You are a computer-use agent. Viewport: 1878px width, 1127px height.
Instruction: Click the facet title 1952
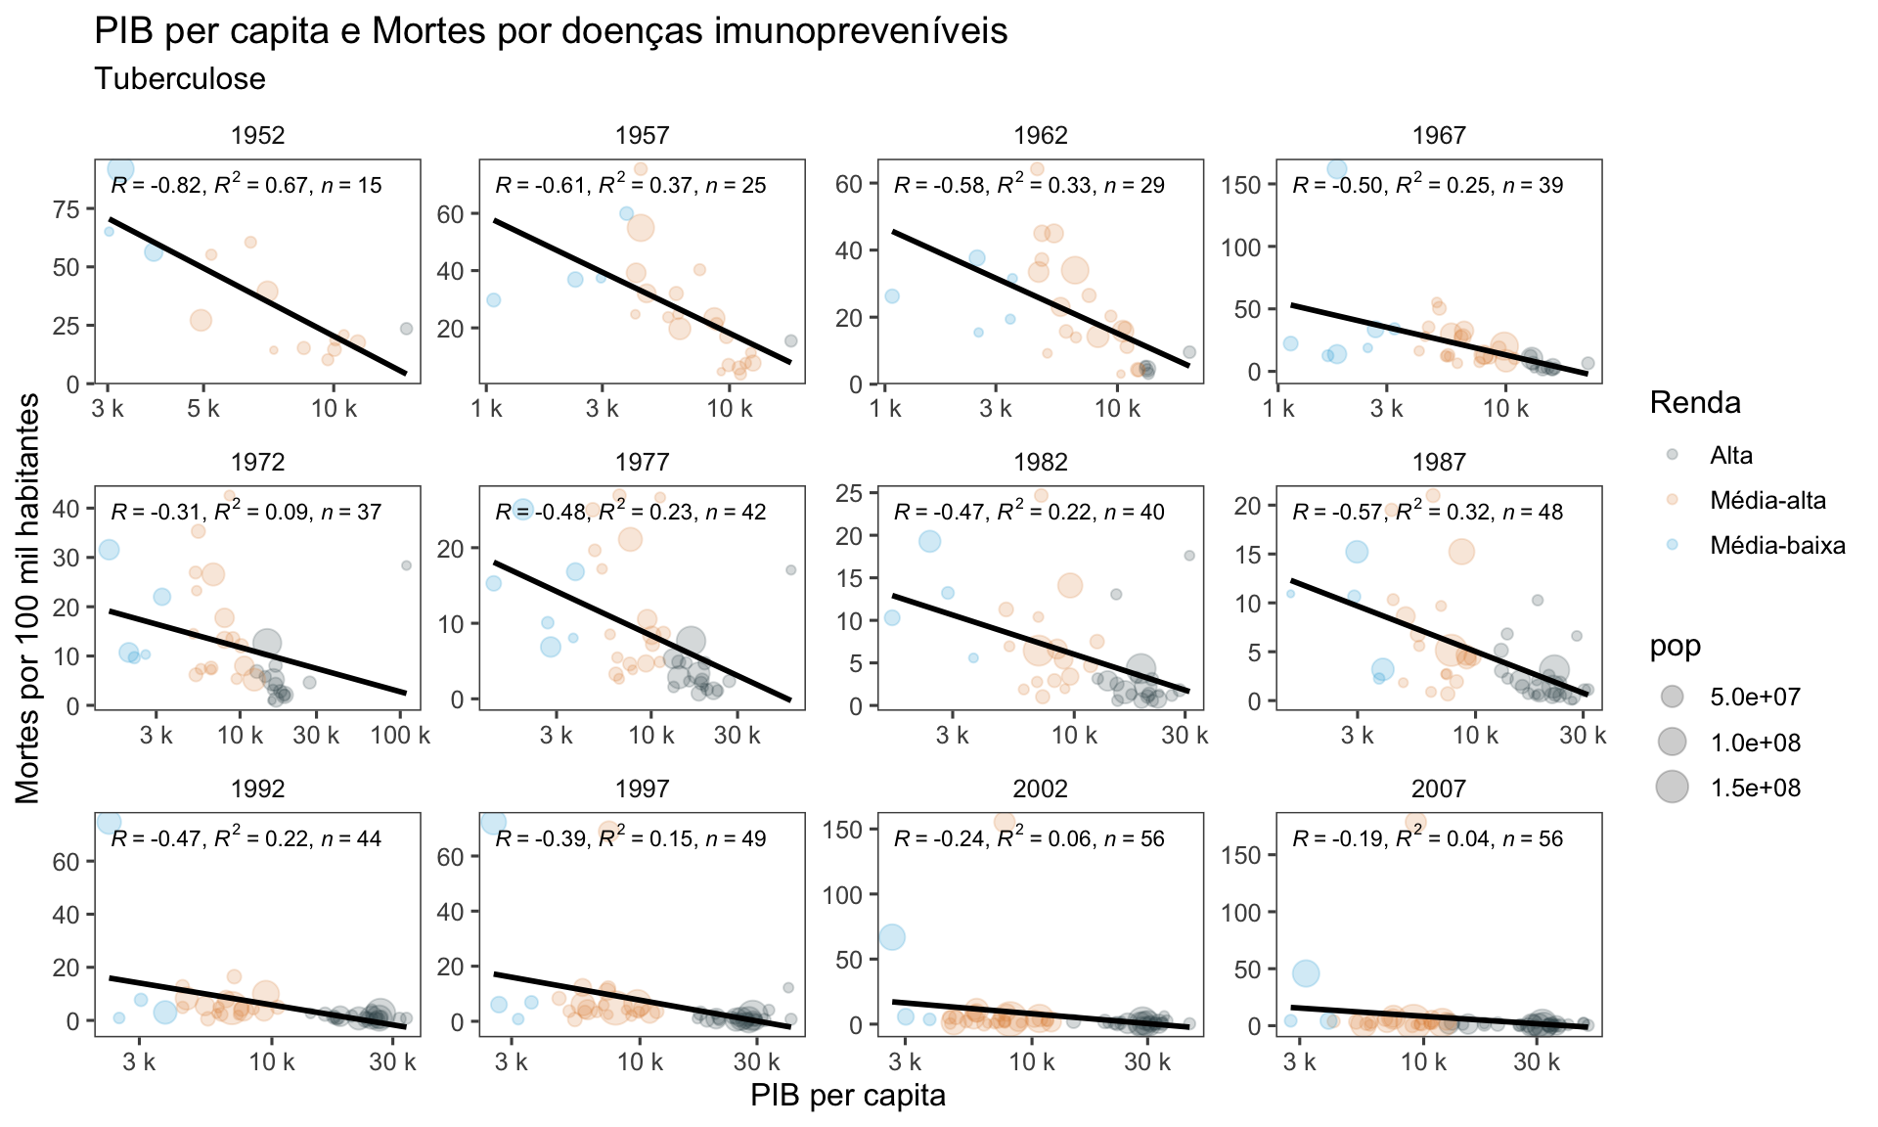point(258,136)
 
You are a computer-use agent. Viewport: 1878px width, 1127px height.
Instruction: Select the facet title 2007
point(1439,789)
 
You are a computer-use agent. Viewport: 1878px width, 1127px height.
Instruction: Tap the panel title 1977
point(643,463)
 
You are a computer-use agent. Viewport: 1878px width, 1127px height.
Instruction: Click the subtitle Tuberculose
point(180,78)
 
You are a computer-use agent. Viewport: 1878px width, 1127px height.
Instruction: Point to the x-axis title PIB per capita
point(848,1096)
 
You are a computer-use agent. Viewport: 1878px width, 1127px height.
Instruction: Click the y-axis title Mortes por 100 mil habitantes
point(29,599)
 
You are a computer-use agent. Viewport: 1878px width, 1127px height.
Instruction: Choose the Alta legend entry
point(1730,455)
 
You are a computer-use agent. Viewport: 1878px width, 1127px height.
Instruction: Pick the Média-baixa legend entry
point(1776,546)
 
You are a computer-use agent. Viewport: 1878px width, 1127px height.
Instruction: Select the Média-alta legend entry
point(1766,501)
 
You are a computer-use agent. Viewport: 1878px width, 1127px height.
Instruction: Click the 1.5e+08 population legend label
point(1755,788)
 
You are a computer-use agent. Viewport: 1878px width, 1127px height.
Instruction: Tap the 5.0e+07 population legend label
point(1755,698)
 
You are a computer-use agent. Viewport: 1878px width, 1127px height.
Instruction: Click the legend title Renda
point(1694,402)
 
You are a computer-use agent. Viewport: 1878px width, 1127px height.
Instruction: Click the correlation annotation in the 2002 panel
point(1029,838)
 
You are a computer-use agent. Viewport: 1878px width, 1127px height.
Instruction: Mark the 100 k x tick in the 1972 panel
point(400,735)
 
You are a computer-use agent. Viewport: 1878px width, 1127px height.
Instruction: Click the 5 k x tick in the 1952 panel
point(203,408)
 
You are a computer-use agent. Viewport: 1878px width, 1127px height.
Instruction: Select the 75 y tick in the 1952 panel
point(67,210)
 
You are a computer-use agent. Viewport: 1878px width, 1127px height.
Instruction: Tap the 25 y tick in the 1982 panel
point(849,493)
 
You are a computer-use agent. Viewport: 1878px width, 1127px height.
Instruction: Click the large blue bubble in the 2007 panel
point(1306,973)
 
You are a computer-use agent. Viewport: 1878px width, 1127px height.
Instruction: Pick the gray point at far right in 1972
point(406,565)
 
